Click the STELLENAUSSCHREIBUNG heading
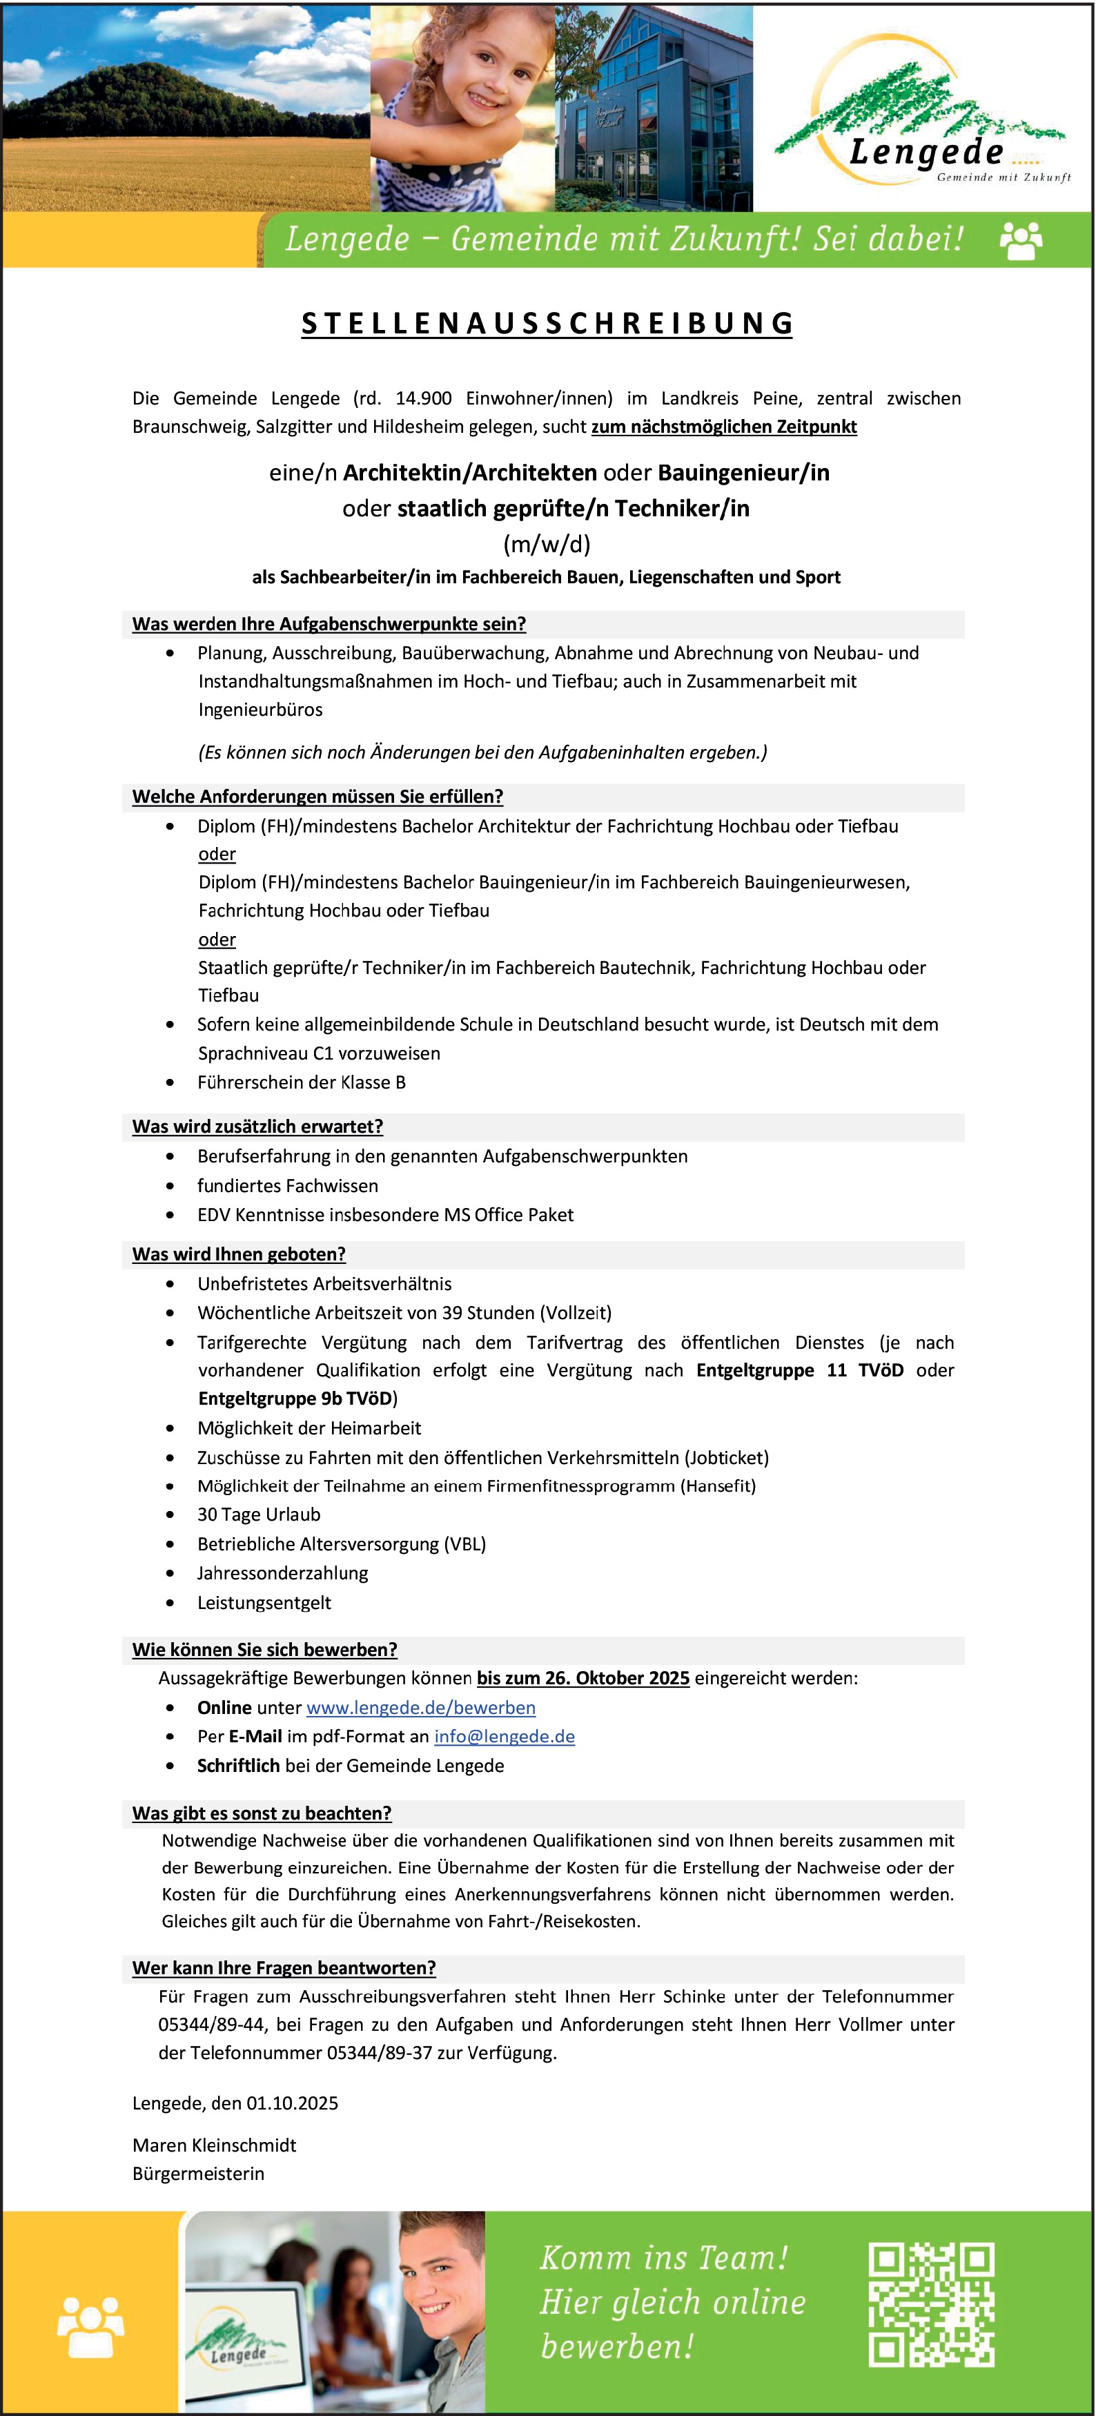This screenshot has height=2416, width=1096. pyautogui.click(x=547, y=324)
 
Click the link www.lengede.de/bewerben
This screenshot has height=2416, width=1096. pyautogui.click(x=421, y=1707)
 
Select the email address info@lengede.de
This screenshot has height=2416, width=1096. pyautogui.click(x=505, y=1736)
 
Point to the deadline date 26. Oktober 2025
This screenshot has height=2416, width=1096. pyautogui.click(x=583, y=1678)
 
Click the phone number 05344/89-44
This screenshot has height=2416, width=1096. pyautogui.click(x=212, y=2024)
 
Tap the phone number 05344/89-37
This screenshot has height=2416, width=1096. pyautogui.click(x=379, y=2052)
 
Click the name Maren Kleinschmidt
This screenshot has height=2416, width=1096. pyautogui.click(x=214, y=2145)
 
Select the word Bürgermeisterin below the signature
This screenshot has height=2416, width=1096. pyautogui.click(x=198, y=2173)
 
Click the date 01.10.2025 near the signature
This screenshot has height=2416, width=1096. pyautogui.click(x=293, y=2103)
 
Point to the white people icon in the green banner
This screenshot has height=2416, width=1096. pyautogui.click(x=1021, y=240)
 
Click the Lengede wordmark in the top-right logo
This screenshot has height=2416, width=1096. pyautogui.click(x=926, y=151)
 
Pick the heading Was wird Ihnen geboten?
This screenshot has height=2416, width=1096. pyautogui.click(x=239, y=1254)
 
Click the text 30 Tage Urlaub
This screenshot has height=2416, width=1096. pyautogui.click(x=259, y=1514)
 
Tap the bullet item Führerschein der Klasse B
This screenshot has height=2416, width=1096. pyautogui.click(x=301, y=1082)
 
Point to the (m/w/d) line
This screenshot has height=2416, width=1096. pyautogui.click(x=547, y=544)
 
